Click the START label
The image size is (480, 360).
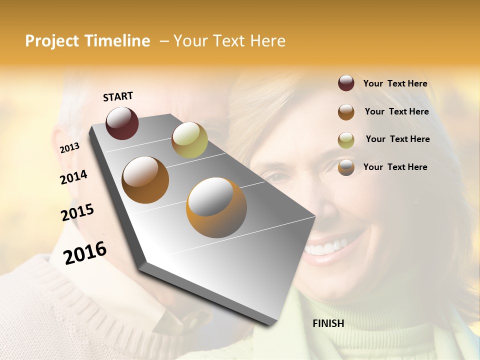click(x=118, y=96)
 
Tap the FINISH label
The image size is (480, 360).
click(x=328, y=323)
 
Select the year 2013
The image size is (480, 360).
click(x=69, y=148)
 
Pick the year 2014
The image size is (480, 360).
click(x=74, y=177)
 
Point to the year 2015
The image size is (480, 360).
click(x=77, y=212)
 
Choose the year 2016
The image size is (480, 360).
click(x=85, y=252)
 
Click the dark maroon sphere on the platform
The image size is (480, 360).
click(x=122, y=123)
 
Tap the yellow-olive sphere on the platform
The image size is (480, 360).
click(x=189, y=140)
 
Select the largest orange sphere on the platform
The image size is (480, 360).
click(x=216, y=207)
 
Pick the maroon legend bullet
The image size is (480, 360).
click(x=346, y=83)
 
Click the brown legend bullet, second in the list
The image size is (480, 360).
click(x=346, y=112)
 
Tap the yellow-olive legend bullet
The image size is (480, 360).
click(x=346, y=139)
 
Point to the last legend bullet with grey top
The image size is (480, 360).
click(x=346, y=167)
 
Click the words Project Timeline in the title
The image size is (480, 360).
click(x=87, y=41)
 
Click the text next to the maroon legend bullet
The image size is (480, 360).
click(x=395, y=83)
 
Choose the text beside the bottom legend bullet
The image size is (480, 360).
click(x=395, y=167)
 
